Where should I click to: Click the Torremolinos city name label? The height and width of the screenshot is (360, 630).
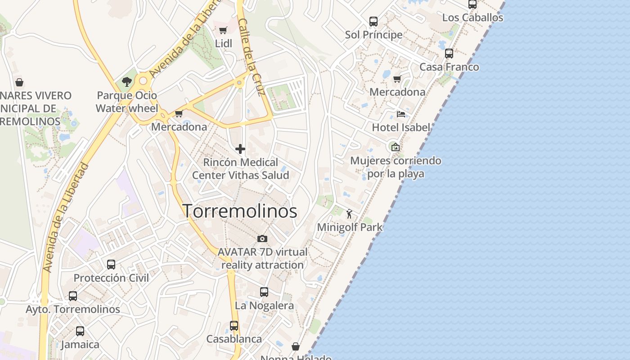(240, 211)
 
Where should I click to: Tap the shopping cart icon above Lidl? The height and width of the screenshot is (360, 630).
(223, 31)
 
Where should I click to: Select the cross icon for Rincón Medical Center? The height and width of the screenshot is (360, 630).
(240, 149)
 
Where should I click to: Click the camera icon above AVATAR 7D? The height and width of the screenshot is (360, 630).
(262, 238)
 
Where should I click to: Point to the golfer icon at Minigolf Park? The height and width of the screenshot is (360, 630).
(349, 214)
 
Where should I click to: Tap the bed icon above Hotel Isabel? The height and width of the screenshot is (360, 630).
(400, 114)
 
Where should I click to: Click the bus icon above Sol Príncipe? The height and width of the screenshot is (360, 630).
(373, 21)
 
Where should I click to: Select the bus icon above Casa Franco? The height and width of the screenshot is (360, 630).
(449, 54)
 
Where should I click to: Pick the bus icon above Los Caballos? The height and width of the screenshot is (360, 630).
(472, 4)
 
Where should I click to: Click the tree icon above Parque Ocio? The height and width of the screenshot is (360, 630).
(127, 82)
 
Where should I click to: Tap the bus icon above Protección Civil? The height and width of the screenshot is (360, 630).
(111, 265)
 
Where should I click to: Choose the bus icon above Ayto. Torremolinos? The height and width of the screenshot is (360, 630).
(73, 296)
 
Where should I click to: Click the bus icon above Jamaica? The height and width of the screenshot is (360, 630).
(80, 331)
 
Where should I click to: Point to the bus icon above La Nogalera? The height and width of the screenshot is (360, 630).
(264, 292)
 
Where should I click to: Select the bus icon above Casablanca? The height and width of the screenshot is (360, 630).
(234, 325)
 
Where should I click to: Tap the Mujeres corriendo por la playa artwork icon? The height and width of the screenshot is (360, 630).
(395, 147)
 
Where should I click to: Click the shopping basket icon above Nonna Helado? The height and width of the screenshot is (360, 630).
(296, 346)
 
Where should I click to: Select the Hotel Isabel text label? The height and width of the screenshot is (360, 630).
(401, 127)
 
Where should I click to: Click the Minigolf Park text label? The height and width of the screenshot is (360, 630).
(350, 227)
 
